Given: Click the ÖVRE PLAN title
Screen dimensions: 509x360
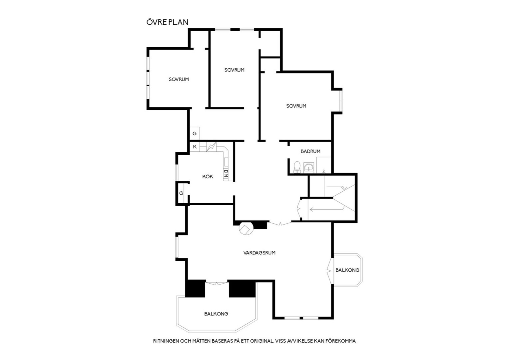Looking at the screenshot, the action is [167, 22].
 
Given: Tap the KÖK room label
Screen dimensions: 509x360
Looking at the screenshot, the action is [208, 176].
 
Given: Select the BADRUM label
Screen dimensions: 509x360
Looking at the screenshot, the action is [310, 151].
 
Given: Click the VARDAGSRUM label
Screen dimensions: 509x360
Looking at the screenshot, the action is [259, 253].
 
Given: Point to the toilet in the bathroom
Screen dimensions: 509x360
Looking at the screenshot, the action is [297, 167].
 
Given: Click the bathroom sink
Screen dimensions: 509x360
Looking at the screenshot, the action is [309, 168].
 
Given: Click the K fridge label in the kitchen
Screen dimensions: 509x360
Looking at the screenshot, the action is [195, 147].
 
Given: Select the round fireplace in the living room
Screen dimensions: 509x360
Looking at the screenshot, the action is [246, 228].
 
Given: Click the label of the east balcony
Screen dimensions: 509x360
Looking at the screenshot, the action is [347, 270].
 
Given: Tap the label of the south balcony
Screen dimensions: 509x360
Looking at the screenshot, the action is [216, 314].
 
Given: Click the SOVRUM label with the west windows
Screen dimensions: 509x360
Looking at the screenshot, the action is [179, 79].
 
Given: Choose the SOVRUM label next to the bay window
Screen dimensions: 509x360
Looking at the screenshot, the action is [296, 106].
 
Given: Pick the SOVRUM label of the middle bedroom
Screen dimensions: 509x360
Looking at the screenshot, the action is [234, 70].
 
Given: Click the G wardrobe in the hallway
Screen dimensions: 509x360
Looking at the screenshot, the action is [195, 133].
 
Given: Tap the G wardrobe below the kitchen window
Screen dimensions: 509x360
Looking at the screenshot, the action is [181, 193].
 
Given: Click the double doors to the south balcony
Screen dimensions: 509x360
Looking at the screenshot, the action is [217, 283].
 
